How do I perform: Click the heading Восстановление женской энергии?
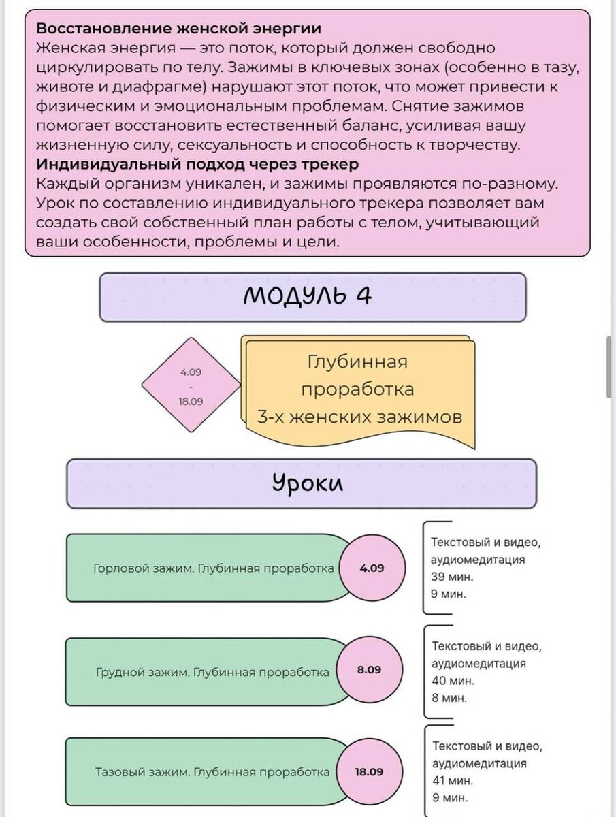tap(178, 29)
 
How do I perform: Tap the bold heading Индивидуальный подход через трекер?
tap(197, 165)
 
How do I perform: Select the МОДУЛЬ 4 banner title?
tap(308, 296)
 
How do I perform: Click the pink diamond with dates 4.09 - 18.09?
tap(191, 386)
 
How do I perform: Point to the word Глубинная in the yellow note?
tap(357, 362)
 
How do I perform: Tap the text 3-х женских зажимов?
tap(359, 417)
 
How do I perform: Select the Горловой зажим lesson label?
tap(213, 568)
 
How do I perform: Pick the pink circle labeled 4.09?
tap(372, 568)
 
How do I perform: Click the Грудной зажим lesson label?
tap(212, 672)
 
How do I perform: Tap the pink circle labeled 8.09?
tap(370, 670)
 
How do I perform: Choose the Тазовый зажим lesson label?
tap(212, 773)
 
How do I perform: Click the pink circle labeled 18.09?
tap(369, 772)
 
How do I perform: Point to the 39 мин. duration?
tap(452, 577)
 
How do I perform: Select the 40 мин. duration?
tap(453, 680)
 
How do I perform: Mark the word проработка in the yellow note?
tap(357, 389)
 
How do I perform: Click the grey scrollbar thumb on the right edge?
tap(609, 366)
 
